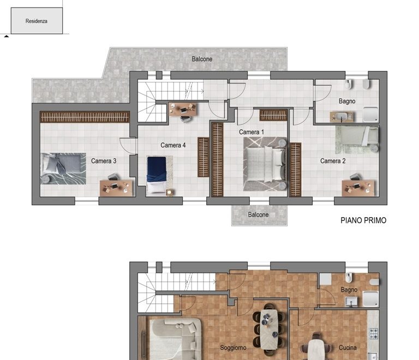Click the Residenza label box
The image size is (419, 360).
[37, 21]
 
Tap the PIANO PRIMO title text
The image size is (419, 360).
[363, 220]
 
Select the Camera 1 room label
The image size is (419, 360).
[251, 132]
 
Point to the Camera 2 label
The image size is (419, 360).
[333, 161]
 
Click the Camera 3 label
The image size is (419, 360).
[104, 161]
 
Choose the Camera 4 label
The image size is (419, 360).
[173, 145]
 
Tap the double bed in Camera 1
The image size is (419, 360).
[265, 164]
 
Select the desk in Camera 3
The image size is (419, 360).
[116, 188]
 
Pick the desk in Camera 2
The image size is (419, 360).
[358, 188]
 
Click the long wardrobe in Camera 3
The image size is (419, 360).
[85, 117]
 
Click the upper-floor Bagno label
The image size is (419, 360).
[347, 101]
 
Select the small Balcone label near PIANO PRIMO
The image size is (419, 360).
[258, 214]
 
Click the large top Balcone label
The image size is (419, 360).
[202, 59]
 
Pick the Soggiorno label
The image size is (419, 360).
[233, 347]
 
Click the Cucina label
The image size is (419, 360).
[348, 347]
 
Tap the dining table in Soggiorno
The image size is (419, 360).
[269, 329]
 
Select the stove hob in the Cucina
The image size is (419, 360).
[374, 334]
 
